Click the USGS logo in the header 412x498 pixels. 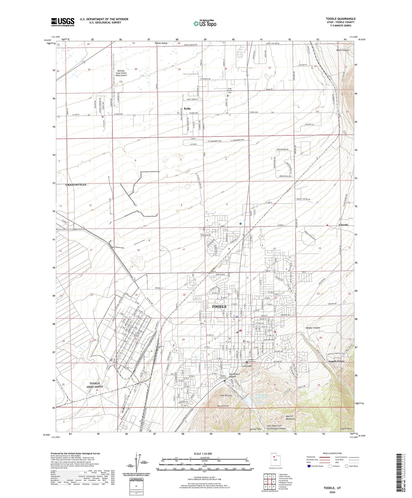[x=63, y=22]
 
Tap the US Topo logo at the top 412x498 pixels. [x=205, y=23]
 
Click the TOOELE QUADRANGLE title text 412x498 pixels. [x=340, y=19]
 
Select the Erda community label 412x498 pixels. [x=187, y=108]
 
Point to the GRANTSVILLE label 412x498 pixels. [x=76, y=185]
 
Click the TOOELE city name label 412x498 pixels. [x=219, y=307]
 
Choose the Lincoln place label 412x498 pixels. [x=343, y=225]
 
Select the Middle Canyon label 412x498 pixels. [x=313, y=328]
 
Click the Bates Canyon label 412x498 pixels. [x=343, y=50]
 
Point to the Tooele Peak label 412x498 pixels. [x=346, y=436]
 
